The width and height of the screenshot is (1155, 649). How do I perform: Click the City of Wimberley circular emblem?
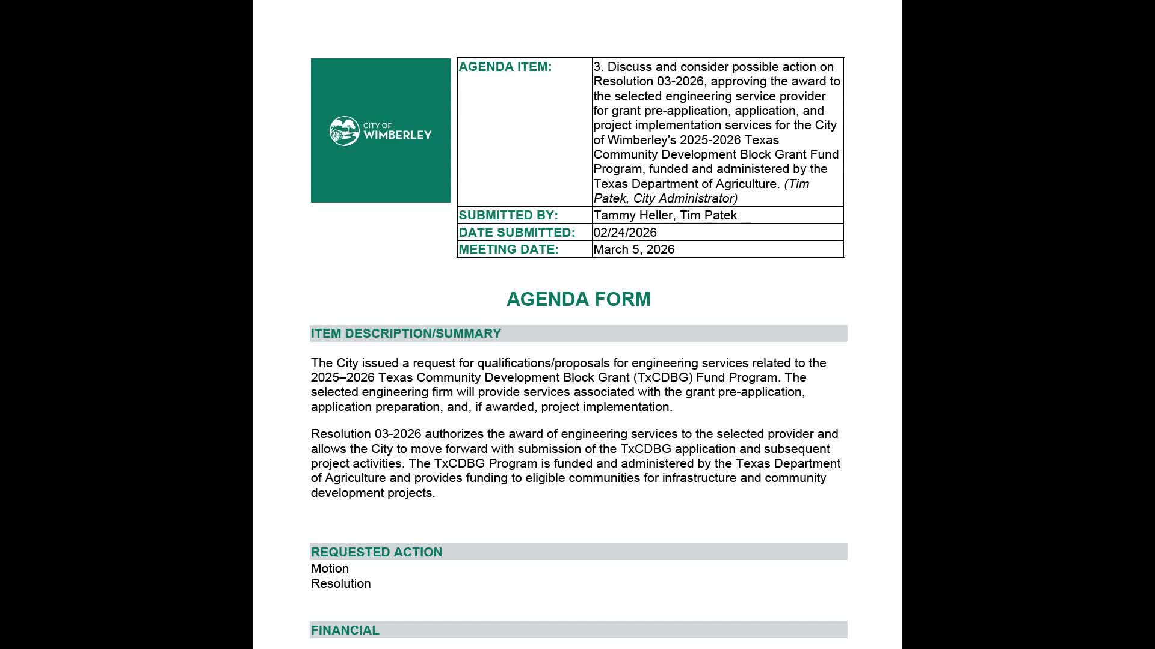pos(345,131)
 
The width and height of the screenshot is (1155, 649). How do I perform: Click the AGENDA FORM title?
pos(578,299)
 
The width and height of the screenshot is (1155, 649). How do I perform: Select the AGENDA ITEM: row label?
pos(505,67)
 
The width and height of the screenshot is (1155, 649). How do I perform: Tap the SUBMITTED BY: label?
pos(508,215)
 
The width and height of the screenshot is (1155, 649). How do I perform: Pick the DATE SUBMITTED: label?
pos(516,233)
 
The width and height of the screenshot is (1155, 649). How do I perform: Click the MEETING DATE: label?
pos(508,249)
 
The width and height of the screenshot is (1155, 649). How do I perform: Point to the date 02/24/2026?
pos(624,233)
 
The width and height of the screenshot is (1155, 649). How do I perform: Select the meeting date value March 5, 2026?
pos(633,249)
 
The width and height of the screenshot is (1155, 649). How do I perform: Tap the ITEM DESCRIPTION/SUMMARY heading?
pos(405,334)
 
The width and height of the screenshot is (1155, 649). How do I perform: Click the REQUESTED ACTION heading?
pos(376,552)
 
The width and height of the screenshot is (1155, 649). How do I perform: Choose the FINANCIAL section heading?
pos(345,630)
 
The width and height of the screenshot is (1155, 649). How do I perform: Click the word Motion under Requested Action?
pos(330,568)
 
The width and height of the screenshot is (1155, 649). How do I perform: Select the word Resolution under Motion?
pos(340,583)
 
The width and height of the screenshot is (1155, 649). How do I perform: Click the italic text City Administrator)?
pos(685,198)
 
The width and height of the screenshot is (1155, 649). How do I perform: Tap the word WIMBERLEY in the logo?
pos(397,135)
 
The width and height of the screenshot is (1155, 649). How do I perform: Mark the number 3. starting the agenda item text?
pos(599,67)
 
